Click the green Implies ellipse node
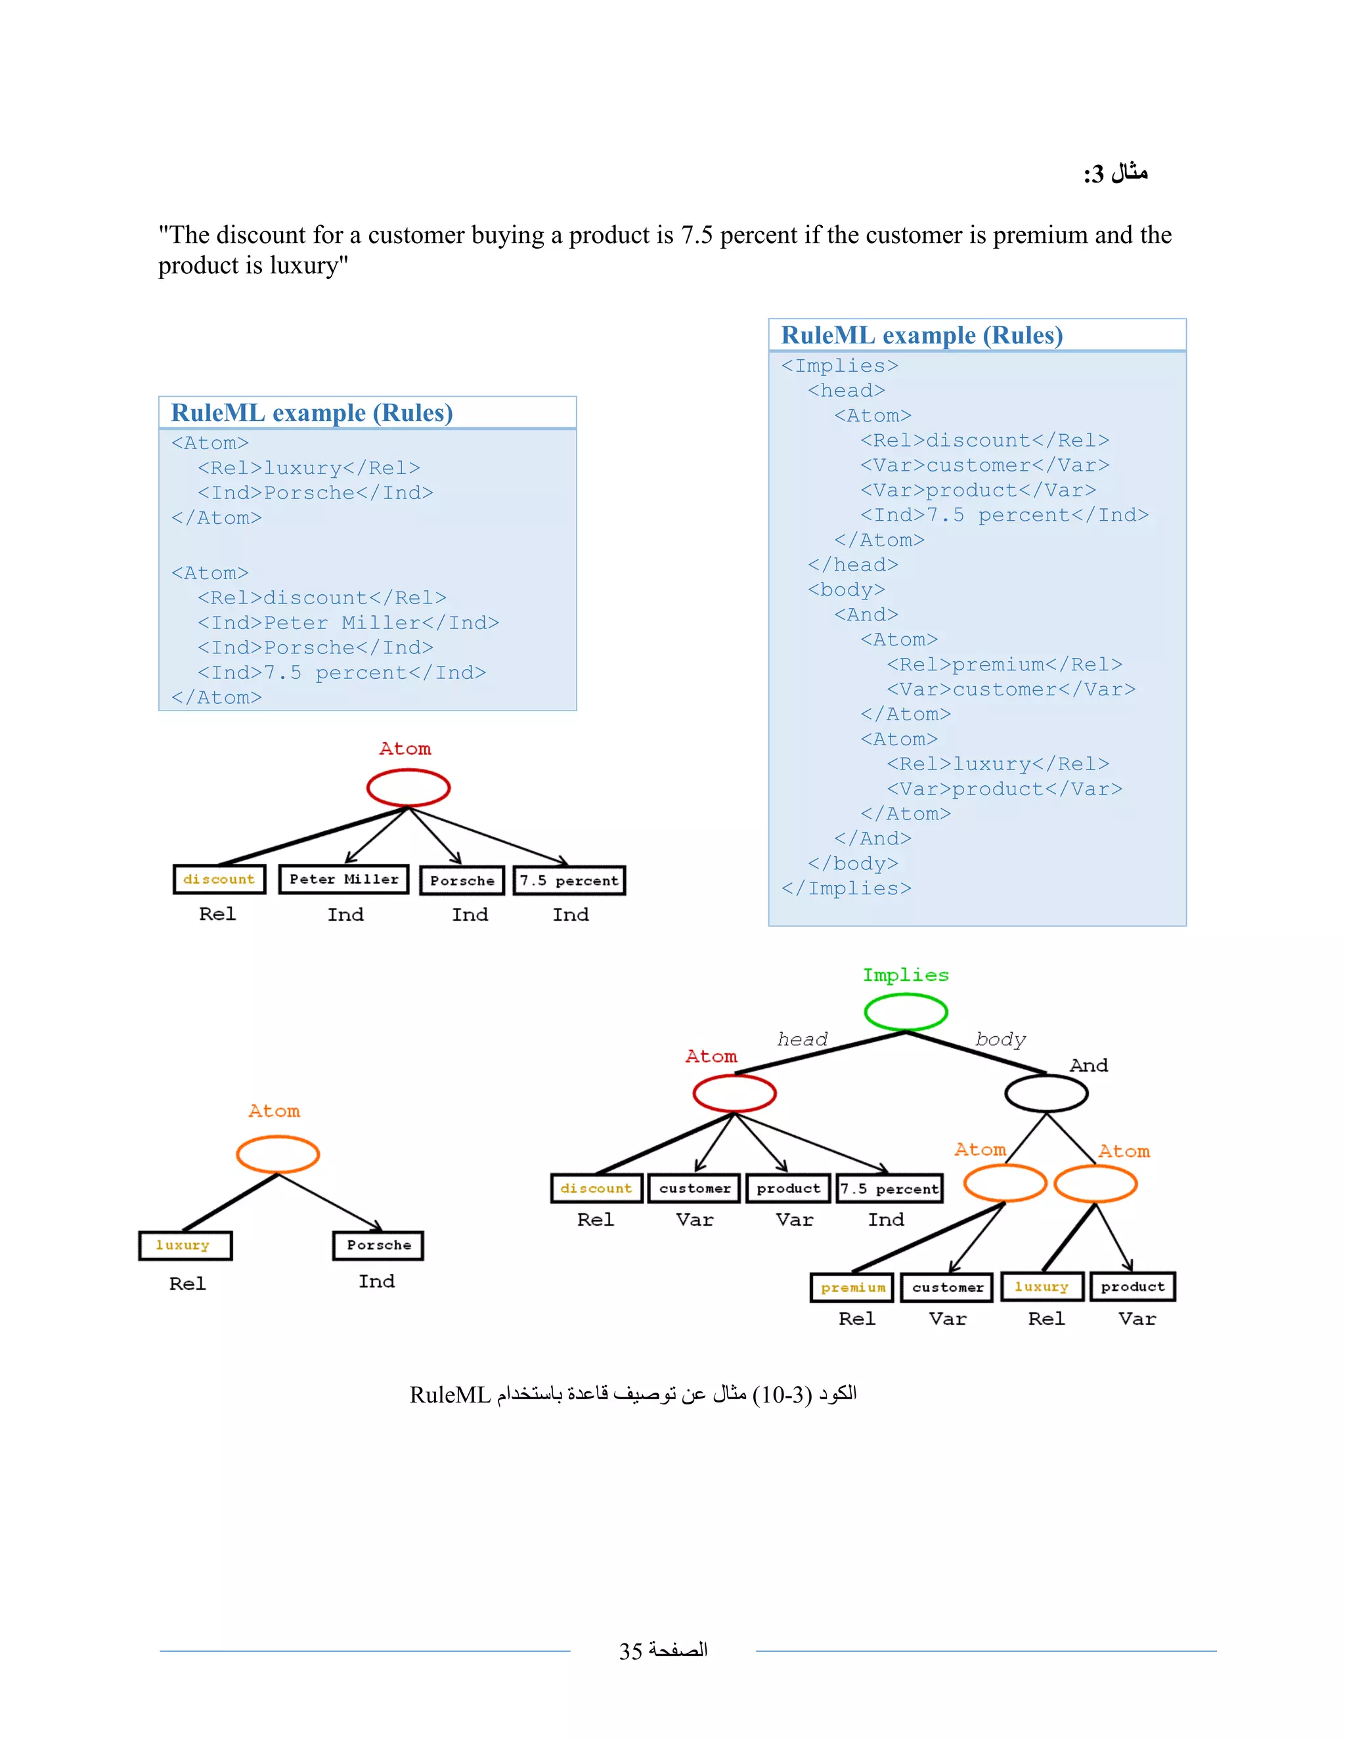coord(905,1012)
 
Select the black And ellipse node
coord(1046,1093)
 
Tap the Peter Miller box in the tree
coord(343,880)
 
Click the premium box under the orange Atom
coord(852,1288)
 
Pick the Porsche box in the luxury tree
coord(378,1245)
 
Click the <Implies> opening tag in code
coord(839,366)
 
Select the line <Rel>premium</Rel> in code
coord(1004,664)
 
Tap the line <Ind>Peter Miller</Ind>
coord(348,623)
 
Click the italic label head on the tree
coord(802,1039)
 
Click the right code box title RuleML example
coord(921,336)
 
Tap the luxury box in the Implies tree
coord(1042,1287)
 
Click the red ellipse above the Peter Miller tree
coord(408,788)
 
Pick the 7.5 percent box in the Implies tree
coord(889,1188)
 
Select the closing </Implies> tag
coord(845,888)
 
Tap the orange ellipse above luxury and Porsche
coord(277,1154)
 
